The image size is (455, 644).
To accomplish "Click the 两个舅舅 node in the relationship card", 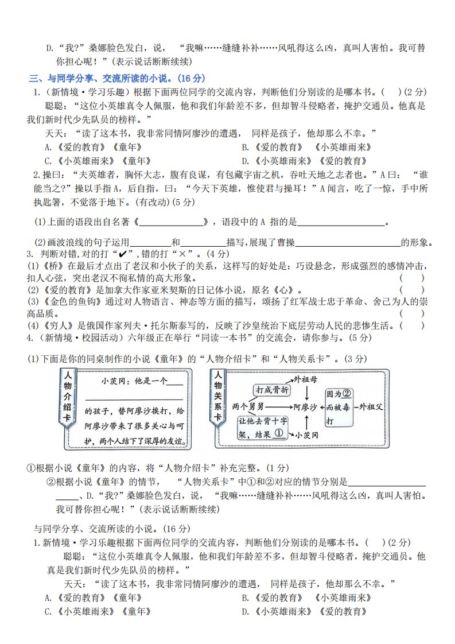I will pos(248,406).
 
